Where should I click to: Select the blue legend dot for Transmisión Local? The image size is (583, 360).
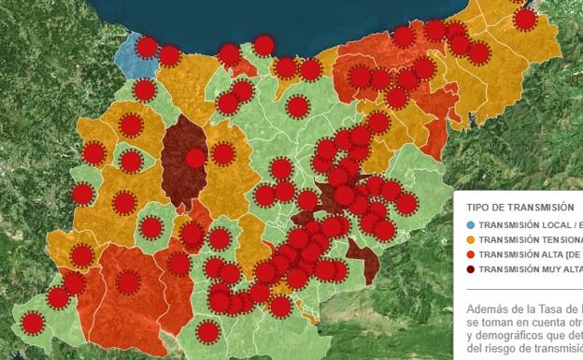470,225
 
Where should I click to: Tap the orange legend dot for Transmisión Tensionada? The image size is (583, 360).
470,239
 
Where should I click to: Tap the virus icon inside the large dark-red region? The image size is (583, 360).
195,158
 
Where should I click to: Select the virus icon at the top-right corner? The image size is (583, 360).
525,18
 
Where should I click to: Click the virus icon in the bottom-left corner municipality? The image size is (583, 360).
33,324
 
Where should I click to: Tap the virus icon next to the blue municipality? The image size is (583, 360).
146,48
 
